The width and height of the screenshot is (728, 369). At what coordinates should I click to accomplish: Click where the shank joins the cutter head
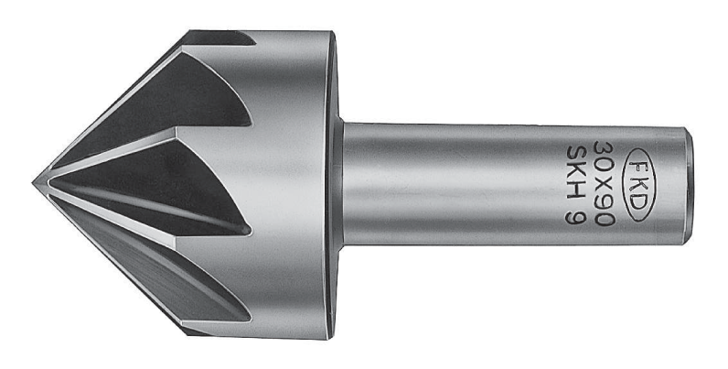point(340,183)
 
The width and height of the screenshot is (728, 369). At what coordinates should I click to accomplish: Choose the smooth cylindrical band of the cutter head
point(293,183)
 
